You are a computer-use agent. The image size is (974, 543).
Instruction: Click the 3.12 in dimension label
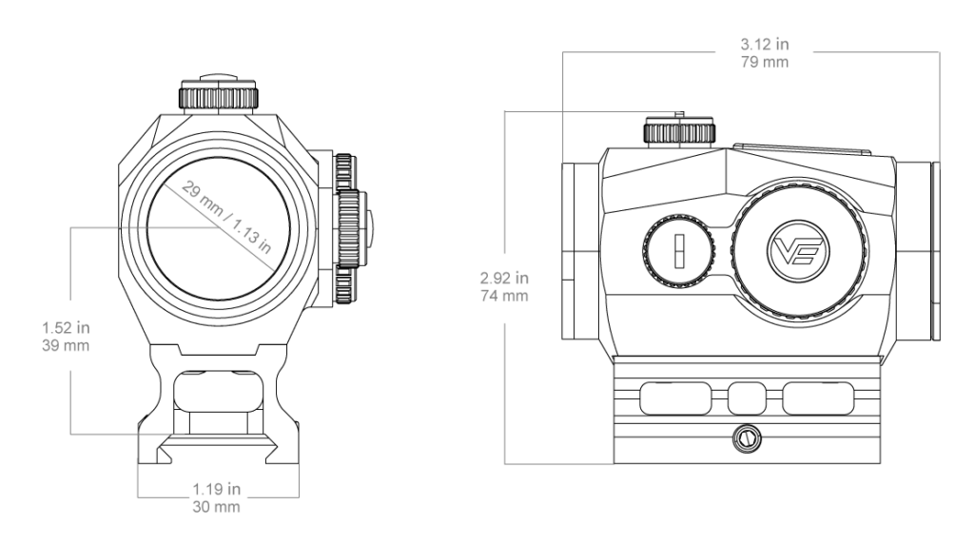(764, 45)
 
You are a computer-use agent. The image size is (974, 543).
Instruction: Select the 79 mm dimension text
(764, 62)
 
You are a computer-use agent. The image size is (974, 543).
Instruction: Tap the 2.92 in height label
(504, 278)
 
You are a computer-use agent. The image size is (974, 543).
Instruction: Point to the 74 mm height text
(504, 296)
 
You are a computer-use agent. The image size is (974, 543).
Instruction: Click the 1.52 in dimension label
(66, 327)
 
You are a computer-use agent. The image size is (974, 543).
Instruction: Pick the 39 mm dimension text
(66, 345)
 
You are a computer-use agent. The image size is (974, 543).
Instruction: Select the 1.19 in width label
(216, 489)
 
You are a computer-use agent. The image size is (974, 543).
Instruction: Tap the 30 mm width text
(216, 507)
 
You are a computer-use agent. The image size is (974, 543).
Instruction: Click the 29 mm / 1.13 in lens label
(226, 218)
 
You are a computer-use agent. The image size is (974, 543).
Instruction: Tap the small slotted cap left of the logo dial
(679, 250)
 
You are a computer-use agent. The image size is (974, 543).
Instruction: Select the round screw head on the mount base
(746, 439)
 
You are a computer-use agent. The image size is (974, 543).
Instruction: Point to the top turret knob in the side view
(679, 130)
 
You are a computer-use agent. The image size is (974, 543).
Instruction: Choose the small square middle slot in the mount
(747, 398)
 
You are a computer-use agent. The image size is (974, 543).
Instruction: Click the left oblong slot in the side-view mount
(676, 398)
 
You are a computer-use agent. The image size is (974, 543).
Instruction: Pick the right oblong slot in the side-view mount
(818, 398)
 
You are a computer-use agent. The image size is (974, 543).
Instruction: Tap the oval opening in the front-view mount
(218, 390)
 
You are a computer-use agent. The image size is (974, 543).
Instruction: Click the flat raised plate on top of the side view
(801, 149)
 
